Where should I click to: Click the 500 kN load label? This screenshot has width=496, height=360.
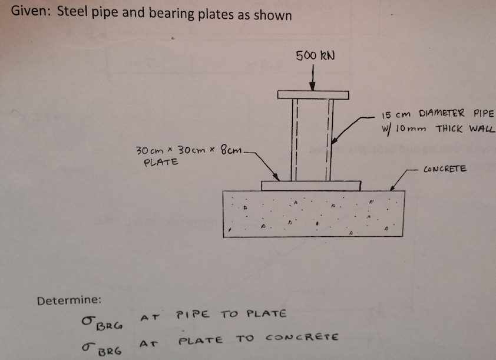[315, 57]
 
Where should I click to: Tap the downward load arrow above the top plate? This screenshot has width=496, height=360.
[313, 80]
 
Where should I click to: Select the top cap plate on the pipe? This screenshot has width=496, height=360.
[313, 95]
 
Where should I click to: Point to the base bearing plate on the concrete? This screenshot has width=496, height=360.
[311, 186]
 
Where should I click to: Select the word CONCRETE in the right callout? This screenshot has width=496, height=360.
[444, 169]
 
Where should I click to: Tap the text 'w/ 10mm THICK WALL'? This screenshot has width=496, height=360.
[439, 129]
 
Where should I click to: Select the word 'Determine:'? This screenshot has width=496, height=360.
[70, 300]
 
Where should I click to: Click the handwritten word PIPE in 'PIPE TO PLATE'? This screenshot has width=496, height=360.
[189, 314]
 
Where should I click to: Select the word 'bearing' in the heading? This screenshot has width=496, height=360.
[156, 15]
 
